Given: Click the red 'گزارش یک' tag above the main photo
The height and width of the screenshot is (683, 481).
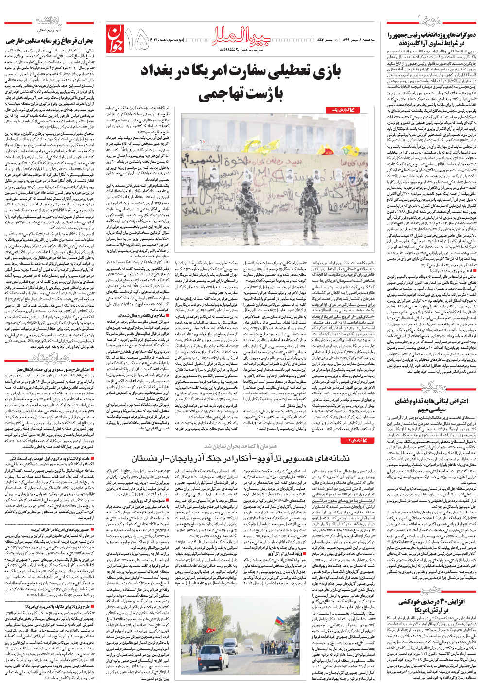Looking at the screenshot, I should tap(343, 111).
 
